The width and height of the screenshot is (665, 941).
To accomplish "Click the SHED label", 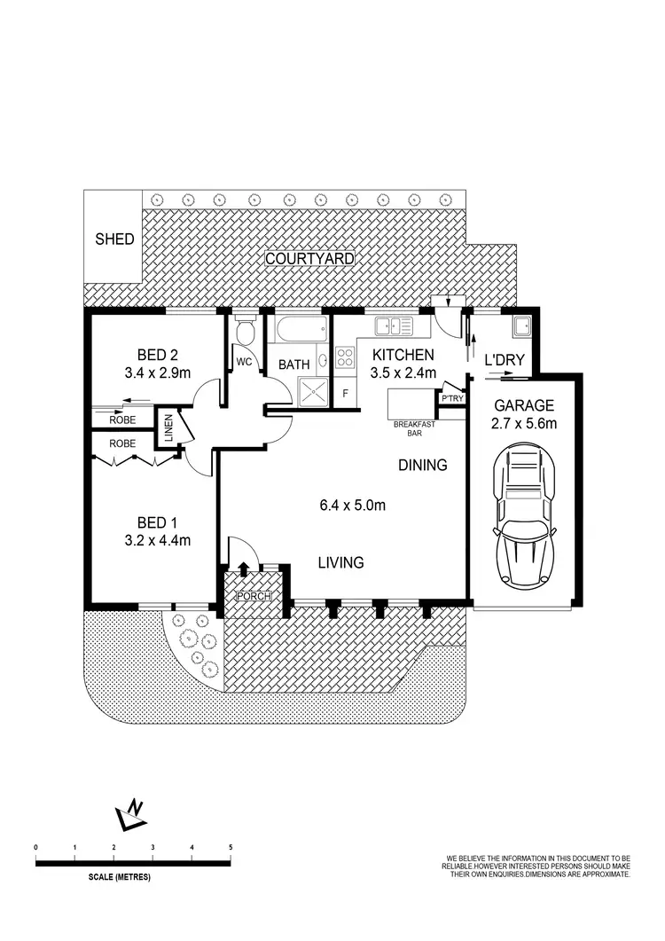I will [x=115, y=239].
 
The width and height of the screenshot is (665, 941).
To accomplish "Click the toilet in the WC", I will [x=246, y=333].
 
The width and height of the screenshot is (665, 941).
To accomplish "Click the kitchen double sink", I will [x=394, y=327].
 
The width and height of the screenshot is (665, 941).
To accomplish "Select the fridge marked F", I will [x=346, y=391].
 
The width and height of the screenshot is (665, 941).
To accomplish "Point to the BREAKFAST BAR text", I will [x=410, y=429].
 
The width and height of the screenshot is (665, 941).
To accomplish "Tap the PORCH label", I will [x=253, y=596].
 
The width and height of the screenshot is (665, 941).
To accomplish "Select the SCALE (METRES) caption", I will [x=120, y=877].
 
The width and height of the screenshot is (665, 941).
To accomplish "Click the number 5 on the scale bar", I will [x=231, y=848].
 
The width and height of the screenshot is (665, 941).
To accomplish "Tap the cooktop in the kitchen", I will [x=345, y=359].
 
